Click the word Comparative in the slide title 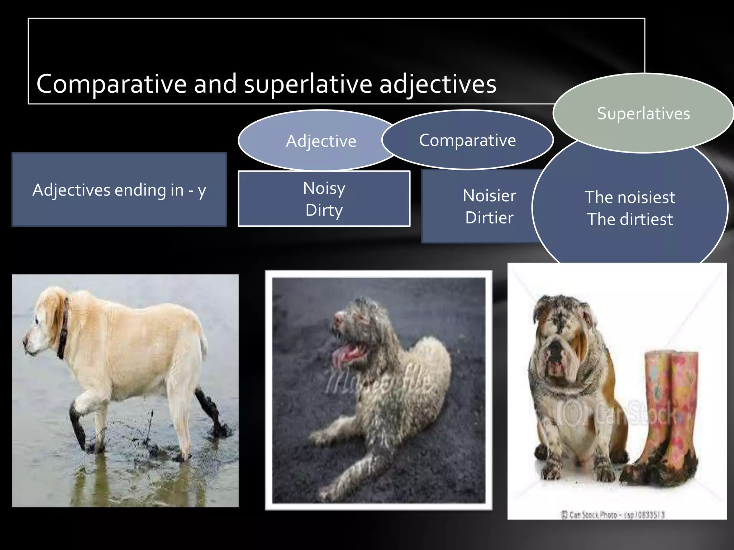111,84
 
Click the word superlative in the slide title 308,84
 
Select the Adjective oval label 321,141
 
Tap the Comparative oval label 467,140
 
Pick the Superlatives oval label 643,114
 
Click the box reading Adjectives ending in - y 119,190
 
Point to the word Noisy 324,188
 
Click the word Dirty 324,210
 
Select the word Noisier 489,196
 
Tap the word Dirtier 489,218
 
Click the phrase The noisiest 630,197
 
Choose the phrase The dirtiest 630,219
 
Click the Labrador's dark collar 63,329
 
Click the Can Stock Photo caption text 613,515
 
